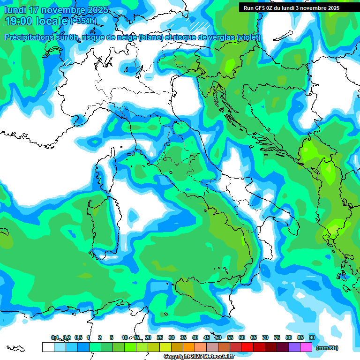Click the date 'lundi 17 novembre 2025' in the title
[x=56, y=10]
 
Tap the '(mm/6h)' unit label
[x=327, y=348]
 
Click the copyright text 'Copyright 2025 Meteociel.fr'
[x=198, y=357]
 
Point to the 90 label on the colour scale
[x=312, y=337]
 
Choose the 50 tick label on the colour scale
[x=218, y=337]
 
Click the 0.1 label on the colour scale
[x=55, y=337]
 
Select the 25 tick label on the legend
[x=160, y=337]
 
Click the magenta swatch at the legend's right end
[x=306, y=347]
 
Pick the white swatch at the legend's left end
[x=48, y=347]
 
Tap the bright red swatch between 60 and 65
[x=247, y=347]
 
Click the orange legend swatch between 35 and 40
[x=189, y=347]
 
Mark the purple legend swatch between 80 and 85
[x=294, y=347]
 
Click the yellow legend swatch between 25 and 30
[x=165, y=347]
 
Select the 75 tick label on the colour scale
[x=277, y=337]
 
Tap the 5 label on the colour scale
[x=111, y=337]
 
